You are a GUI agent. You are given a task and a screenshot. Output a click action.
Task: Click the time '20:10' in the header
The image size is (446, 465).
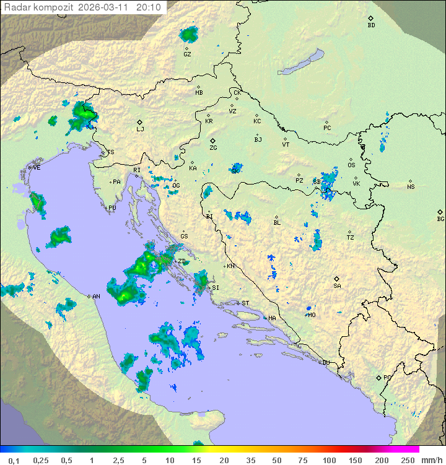148,7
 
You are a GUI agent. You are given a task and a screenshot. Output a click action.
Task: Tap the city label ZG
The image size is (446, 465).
213,148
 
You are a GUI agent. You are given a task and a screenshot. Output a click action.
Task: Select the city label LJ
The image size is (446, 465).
140,129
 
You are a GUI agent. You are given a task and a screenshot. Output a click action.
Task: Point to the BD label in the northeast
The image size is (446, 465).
371,25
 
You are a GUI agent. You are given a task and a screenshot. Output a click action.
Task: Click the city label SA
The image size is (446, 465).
337,285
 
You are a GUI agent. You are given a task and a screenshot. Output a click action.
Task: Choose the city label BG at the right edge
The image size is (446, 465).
440,219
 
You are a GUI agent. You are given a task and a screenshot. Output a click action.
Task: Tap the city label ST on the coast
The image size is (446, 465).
245,303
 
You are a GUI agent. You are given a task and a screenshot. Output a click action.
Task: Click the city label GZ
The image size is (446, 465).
187,54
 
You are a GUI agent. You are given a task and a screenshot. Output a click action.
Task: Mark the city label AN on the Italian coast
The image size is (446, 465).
96,297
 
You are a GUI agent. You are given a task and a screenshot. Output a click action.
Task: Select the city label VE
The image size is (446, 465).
37,168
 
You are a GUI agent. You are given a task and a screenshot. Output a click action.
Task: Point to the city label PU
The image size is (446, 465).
112,208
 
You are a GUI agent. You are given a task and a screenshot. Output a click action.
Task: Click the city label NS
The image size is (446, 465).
411,187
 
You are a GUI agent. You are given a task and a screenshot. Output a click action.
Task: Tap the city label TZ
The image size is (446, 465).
351,237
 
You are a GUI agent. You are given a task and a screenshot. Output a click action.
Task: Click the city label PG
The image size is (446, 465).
387,377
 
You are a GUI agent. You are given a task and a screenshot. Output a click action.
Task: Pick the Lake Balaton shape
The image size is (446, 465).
300,63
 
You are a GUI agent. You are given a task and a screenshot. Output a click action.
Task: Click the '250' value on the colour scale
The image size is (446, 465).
408,460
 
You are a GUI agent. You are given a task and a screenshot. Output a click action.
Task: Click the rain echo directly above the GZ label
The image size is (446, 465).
188,35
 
